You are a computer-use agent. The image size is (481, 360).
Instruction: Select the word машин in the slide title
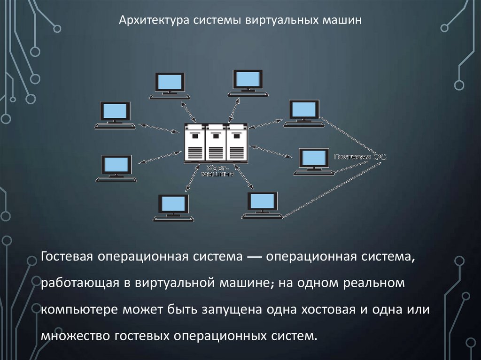pos(342,21)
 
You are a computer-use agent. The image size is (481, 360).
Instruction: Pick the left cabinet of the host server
pos(195,143)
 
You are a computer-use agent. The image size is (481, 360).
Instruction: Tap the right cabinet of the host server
pos(237,143)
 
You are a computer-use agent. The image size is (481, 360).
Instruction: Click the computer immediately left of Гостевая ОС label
pos(315,162)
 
